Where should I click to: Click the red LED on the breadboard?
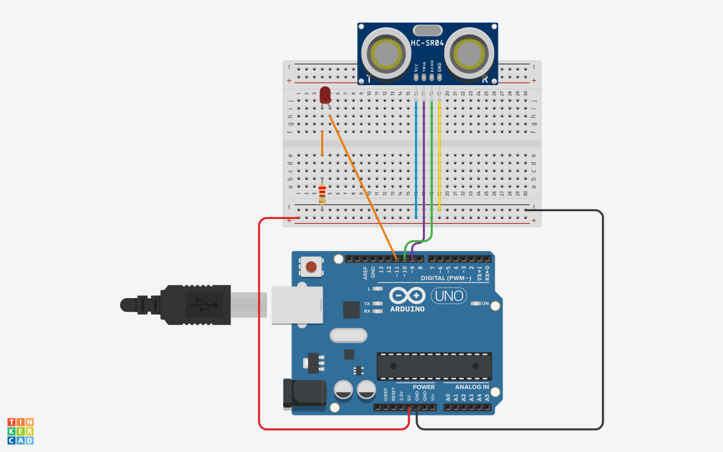click(325, 95)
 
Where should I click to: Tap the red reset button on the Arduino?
click(311, 266)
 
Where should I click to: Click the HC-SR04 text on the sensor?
click(428, 44)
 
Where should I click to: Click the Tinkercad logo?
click(21, 431)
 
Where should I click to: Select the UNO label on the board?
click(449, 296)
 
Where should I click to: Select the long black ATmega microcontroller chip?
click(434, 366)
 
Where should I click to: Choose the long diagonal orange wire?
click(362, 183)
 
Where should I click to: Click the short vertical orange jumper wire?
click(322, 144)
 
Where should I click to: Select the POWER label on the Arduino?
click(424, 387)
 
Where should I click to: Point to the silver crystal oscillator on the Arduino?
click(349, 335)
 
